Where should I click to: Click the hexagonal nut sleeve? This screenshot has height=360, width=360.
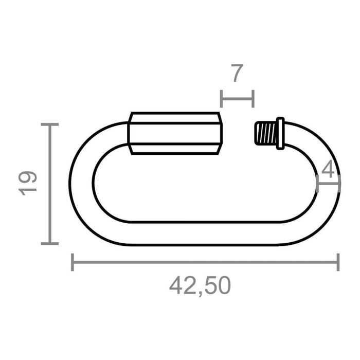(x=175, y=133)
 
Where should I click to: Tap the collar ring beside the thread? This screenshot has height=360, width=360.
(x=280, y=133)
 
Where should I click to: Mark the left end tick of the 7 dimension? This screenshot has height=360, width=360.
(x=221, y=98)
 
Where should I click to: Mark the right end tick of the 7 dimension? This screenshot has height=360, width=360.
(x=253, y=98)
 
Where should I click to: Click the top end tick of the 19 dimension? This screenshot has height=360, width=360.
(x=49, y=124)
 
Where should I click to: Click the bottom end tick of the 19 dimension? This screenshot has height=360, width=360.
(x=49, y=243)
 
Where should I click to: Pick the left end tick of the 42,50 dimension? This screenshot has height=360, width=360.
(x=73, y=262)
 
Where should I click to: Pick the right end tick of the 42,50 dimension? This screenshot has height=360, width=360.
(x=338, y=262)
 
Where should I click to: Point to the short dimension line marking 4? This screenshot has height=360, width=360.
(x=328, y=183)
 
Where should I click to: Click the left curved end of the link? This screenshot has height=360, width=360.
(x=81, y=183)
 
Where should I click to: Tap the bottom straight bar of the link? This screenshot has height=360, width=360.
(x=206, y=233)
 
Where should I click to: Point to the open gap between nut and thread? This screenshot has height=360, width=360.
(x=238, y=133)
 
